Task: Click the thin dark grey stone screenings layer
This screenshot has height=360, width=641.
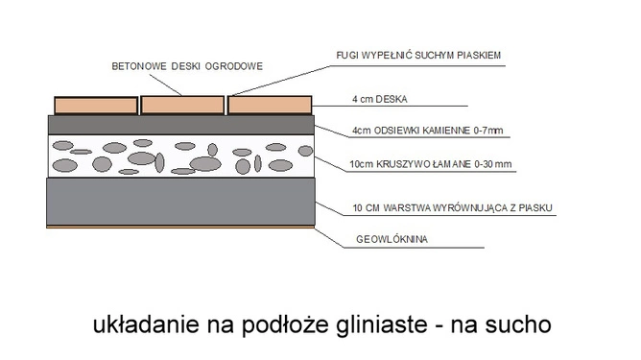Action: click(x=181, y=124)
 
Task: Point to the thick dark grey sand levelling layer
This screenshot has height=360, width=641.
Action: click(x=181, y=202)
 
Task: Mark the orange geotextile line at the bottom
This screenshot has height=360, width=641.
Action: click(x=181, y=228)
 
